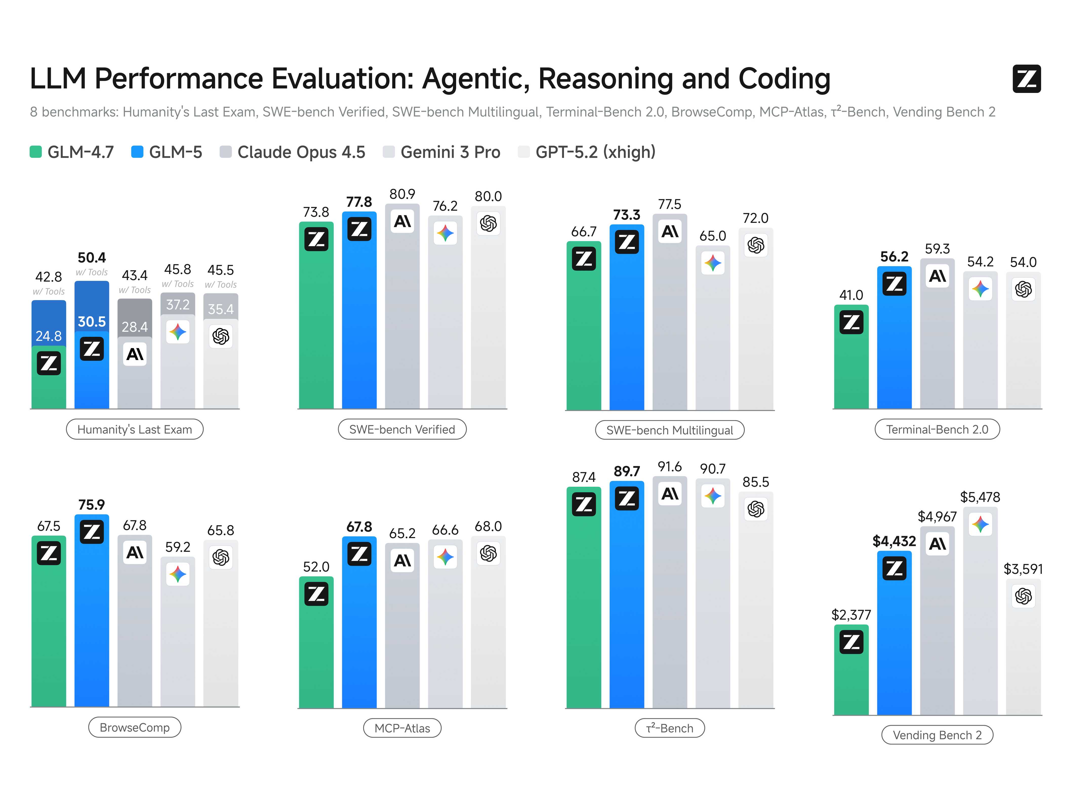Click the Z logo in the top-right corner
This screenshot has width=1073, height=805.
click(x=1026, y=78)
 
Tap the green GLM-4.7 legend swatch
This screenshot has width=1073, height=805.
click(x=35, y=152)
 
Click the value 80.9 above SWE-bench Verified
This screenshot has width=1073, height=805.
click(x=402, y=194)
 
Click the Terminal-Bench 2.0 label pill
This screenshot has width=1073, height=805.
click(x=937, y=429)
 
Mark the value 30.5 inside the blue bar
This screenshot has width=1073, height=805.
click(x=92, y=321)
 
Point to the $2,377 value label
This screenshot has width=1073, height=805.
click(x=851, y=615)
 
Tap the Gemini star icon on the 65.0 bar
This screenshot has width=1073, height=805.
click(x=713, y=264)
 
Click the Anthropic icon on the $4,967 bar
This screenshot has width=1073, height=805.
click(x=937, y=544)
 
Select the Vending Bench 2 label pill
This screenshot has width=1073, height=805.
click(x=937, y=735)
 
